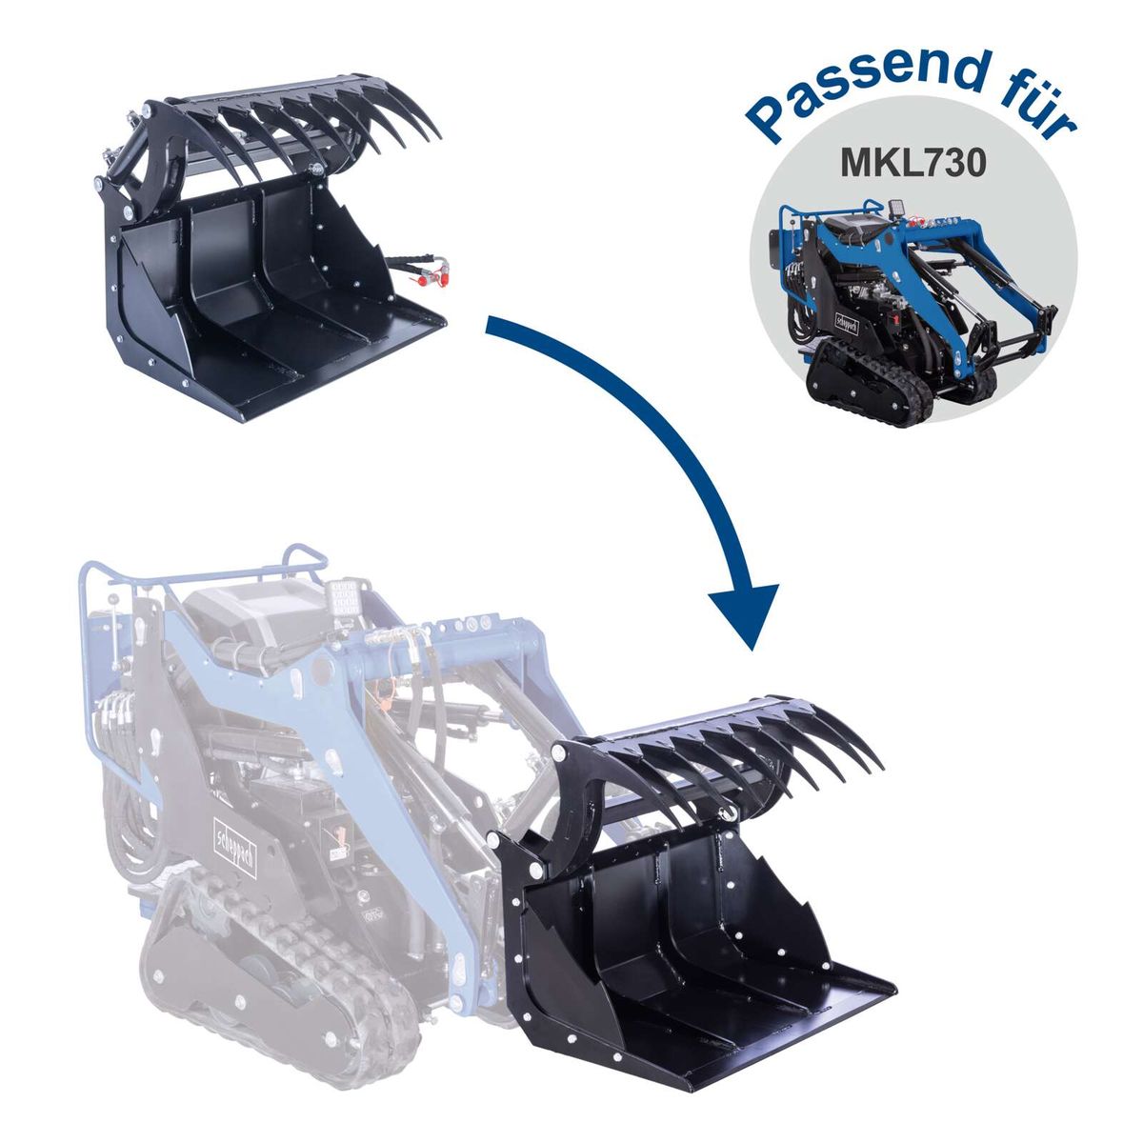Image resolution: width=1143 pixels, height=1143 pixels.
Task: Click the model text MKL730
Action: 912,163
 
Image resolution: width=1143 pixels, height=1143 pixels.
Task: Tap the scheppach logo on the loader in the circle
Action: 847,324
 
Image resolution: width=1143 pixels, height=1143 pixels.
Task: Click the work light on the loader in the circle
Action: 896,208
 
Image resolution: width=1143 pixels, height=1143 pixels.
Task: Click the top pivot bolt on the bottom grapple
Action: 557,752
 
